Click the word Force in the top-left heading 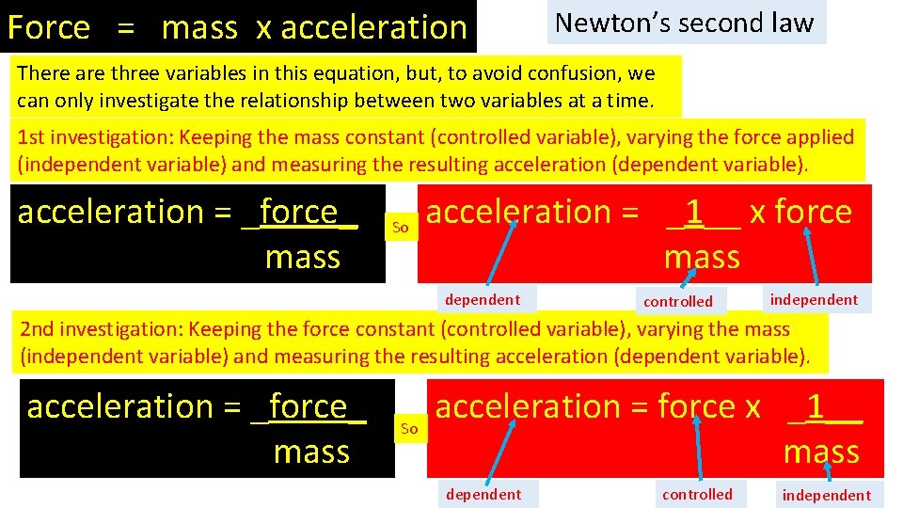click(x=49, y=27)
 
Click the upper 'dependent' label click(x=482, y=300)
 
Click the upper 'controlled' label click(x=677, y=302)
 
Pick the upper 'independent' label click(x=814, y=300)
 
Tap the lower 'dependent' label click(x=483, y=495)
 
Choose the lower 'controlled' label click(x=697, y=495)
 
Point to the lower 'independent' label click(x=827, y=496)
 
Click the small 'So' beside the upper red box click(x=400, y=227)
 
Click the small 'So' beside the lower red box click(x=409, y=429)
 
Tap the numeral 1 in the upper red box click(x=694, y=213)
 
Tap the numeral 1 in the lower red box click(x=816, y=406)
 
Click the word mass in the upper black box click(x=302, y=257)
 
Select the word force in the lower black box click(x=308, y=406)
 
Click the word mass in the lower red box click(x=821, y=452)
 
